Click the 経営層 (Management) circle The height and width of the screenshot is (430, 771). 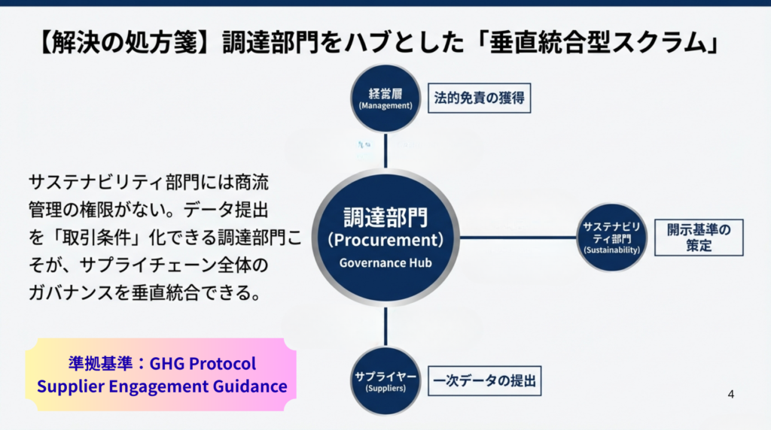(x=385, y=98)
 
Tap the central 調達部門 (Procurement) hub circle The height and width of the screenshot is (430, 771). (x=385, y=237)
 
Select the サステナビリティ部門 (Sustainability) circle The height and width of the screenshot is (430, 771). (x=611, y=238)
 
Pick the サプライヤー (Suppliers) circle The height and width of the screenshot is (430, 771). (x=385, y=380)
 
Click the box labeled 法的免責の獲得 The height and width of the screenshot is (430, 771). (x=479, y=98)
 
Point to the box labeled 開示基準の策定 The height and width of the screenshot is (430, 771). (x=699, y=237)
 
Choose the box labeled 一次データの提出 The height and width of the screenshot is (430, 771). (x=484, y=380)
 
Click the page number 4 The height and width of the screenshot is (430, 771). (x=730, y=394)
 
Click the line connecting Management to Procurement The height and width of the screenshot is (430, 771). (x=385, y=150)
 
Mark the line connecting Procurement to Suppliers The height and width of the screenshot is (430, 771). (x=385, y=326)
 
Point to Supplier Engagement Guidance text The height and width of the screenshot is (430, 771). (x=162, y=387)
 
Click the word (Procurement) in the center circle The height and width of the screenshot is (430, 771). (x=385, y=241)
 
